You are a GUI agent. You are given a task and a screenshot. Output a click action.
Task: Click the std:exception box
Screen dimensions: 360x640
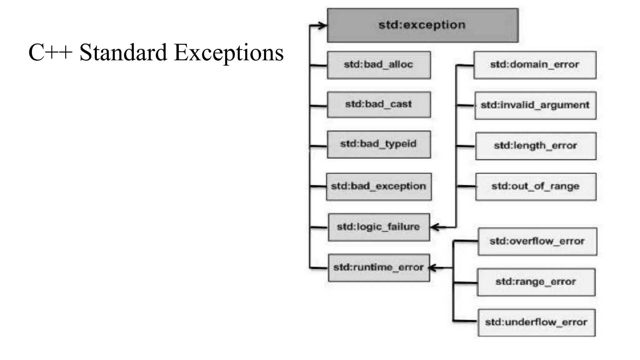click(422, 25)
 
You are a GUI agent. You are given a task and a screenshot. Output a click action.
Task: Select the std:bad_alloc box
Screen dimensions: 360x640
click(379, 65)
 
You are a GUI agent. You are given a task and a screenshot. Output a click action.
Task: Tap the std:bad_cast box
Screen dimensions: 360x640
click(379, 105)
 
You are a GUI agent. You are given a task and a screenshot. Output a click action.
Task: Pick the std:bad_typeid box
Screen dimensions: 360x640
click(379, 144)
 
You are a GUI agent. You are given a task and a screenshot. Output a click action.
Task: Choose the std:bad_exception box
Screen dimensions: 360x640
click(379, 187)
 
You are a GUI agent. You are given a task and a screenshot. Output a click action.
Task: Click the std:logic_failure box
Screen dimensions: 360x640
click(379, 227)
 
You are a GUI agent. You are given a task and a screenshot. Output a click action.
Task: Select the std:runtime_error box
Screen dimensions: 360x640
click(379, 268)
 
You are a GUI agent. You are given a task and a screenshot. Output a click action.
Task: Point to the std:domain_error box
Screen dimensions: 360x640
click(535, 65)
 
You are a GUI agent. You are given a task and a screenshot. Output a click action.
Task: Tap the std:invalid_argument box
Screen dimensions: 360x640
click(535, 105)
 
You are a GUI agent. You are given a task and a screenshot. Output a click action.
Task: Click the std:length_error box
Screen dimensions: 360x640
click(536, 146)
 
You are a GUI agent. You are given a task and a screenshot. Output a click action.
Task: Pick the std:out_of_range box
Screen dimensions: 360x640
click(536, 187)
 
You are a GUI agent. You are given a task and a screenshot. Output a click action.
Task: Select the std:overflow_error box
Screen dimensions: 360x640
click(537, 242)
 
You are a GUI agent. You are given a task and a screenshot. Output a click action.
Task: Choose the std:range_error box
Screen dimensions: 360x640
click(536, 282)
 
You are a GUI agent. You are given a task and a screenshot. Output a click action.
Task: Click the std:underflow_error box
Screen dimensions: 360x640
click(536, 322)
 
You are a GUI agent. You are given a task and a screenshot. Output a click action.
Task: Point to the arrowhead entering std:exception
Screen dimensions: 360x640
click(322, 26)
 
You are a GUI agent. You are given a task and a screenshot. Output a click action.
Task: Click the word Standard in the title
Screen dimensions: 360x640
click(123, 52)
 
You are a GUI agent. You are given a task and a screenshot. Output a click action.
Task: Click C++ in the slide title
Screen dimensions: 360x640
click(50, 52)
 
